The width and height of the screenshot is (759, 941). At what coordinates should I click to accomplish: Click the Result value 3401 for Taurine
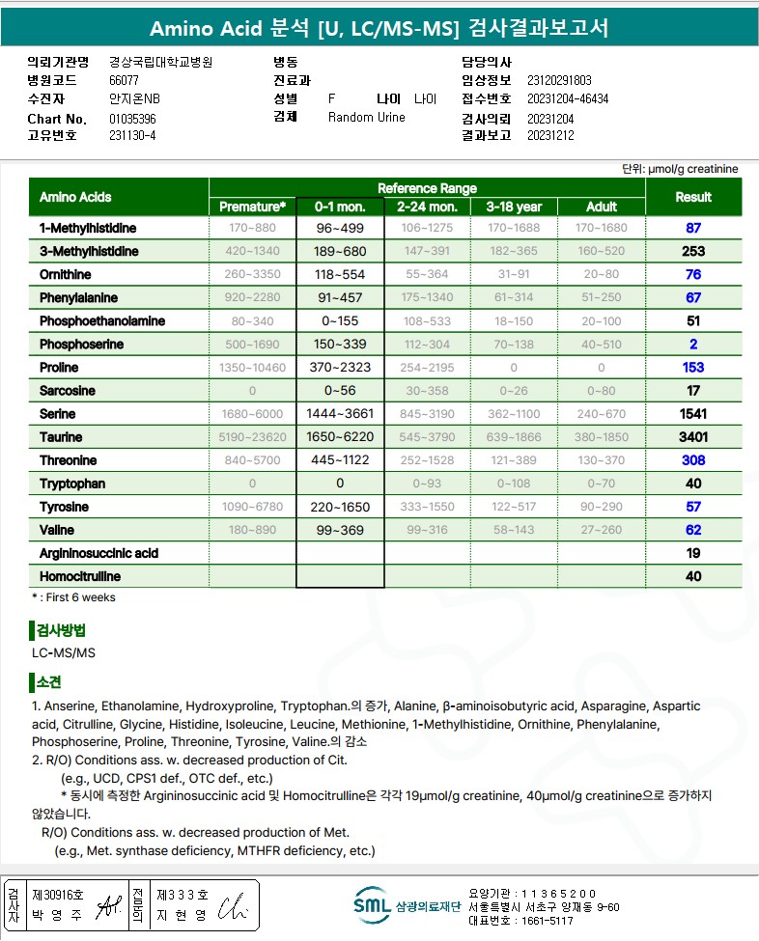tap(693, 437)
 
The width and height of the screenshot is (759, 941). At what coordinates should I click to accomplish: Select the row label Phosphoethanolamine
tap(102, 321)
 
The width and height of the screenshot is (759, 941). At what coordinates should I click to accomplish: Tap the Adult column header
tap(602, 207)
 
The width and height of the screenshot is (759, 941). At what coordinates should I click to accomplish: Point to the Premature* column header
tap(253, 207)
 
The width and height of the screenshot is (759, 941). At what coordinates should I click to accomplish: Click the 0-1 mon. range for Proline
tap(340, 368)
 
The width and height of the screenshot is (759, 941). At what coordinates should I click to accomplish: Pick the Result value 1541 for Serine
tap(693, 414)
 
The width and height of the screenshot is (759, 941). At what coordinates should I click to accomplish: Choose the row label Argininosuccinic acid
tap(99, 554)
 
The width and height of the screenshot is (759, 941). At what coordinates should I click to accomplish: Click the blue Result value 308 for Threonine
tap(693, 460)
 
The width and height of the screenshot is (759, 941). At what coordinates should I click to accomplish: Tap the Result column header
tap(693, 197)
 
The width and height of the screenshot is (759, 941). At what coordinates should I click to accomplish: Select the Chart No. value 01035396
tap(133, 119)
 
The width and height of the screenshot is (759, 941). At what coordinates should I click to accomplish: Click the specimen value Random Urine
tap(367, 118)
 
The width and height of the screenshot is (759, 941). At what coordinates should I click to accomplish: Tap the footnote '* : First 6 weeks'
tap(74, 597)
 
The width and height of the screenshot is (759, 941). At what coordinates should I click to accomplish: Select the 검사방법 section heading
tap(60, 631)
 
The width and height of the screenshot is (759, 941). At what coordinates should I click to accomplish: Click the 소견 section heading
tap(47, 682)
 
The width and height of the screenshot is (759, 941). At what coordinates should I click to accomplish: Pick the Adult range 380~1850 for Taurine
tap(602, 437)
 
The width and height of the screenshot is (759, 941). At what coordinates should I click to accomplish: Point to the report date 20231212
tap(550, 135)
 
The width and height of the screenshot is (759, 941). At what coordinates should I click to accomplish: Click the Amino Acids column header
tap(75, 197)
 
